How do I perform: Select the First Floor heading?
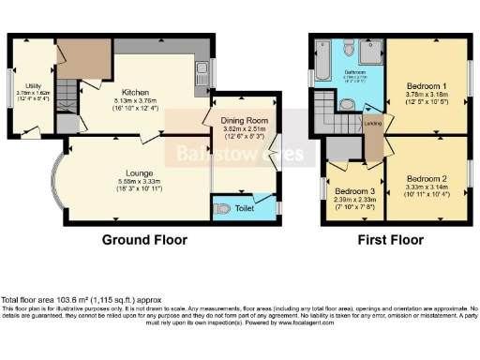click(x=388, y=240)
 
